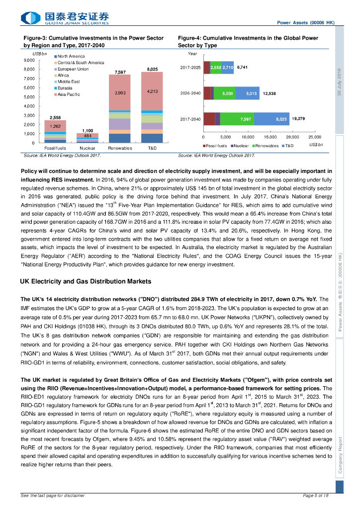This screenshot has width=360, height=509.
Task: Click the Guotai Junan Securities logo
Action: [x=65, y=18]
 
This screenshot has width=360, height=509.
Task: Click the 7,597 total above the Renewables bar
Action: [x=119, y=72]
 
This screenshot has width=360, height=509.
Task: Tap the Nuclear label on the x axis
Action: [x=87, y=148]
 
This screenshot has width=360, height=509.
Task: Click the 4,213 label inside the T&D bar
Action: [x=152, y=91]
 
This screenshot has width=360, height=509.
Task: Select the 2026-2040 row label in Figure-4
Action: [x=190, y=93]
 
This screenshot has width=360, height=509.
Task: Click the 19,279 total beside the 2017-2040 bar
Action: [x=299, y=119]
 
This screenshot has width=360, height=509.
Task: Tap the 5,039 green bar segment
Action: [x=227, y=93]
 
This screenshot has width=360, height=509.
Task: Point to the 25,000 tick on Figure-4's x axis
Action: [x=315, y=137]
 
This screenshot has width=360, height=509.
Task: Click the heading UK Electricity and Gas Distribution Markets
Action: [x=86, y=281]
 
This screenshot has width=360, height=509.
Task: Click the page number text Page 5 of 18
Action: [x=316, y=496]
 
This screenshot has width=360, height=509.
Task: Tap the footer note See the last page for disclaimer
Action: [x=53, y=496]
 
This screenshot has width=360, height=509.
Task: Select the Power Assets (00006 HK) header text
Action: [x=305, y=23]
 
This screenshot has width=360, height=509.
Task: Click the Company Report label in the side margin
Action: [x=340, y=455]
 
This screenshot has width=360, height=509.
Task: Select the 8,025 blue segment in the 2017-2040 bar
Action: [x=281, y=119]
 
